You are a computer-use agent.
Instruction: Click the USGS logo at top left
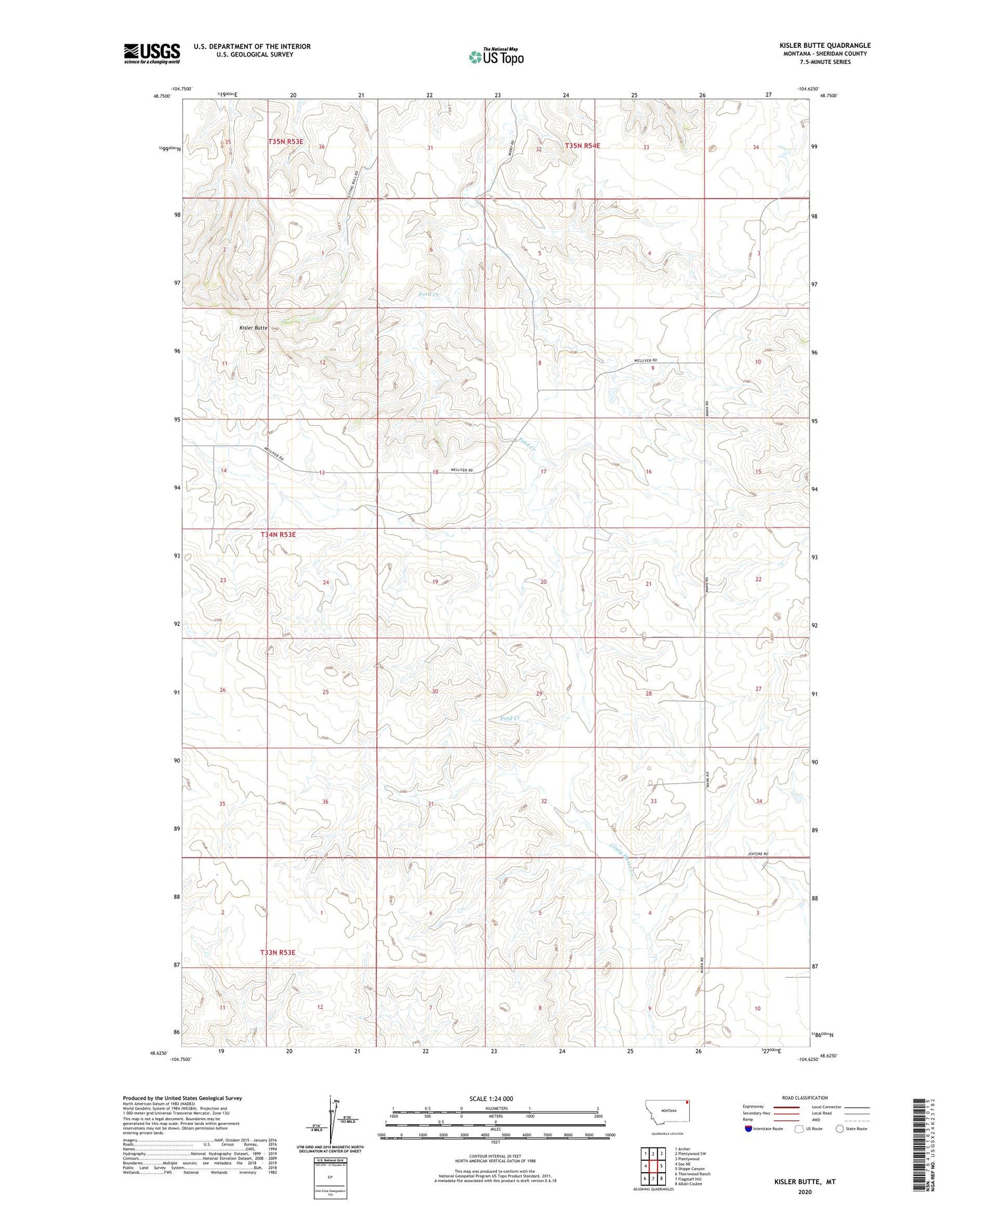(152, 53)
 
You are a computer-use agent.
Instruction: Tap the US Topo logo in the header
(496, 57)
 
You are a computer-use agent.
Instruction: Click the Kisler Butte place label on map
(253, 328)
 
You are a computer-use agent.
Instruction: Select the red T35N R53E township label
(285, 142)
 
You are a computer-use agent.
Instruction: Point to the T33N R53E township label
(277, 952)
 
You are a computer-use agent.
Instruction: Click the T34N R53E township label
(277, 534)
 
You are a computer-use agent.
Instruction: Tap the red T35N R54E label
(582, 146)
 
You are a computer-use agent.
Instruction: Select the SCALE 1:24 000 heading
(491, 1098)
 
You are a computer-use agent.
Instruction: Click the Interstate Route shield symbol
(748, 1129)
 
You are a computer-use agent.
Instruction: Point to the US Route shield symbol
(800, 1129)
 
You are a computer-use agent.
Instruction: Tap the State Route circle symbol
(840, 1129)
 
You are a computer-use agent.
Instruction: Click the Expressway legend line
(791, 1107)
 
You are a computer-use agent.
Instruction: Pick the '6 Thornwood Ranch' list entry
(693, 1174)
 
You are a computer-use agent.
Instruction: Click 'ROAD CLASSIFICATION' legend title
(805, 1098)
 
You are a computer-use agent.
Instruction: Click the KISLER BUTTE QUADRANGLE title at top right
(825, 45)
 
